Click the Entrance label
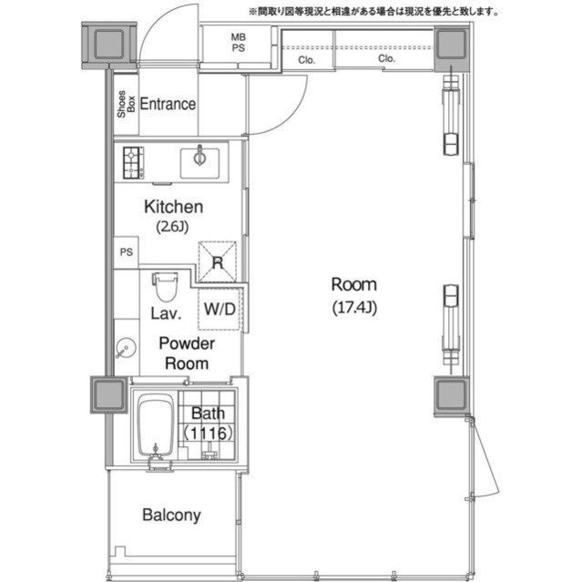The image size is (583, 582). pyautogui.click(x=168, y=104)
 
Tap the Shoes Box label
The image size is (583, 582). pyautogui.click(x=126, y=104)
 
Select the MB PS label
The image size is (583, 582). pyautogui.click(x=239, y=43)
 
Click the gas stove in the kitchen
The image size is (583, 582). pyautogui.click(x=134, y=163)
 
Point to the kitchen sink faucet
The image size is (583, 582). pyautogui.click(x=200, y=156)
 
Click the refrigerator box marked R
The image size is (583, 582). pyautogui.click(x=218, y=262)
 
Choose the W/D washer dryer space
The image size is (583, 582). pyautogui.click(x=220, y=309)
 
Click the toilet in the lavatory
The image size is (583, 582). pyautogui.click(x=166, y=287)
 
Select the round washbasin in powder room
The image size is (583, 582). pyautogui.click(x=126, y=348)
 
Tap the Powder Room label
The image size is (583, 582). pyautogui.click(x=187, y=353)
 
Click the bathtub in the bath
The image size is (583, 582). pyautogui.click(x=156, y=425)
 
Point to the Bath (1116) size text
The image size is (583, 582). pyautogui.click(x=208, y=424)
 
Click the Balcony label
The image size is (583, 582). pyautogui.click(x=171, y=516)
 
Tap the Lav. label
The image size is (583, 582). pyautogui.click(x=166, y=313)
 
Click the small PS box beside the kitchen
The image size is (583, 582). pyautogui.click(x=126, y=252)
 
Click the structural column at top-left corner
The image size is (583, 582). pyautogui.click(x=109, y=45)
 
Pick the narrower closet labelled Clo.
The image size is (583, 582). pyautogui.click(x=307, y=49)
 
